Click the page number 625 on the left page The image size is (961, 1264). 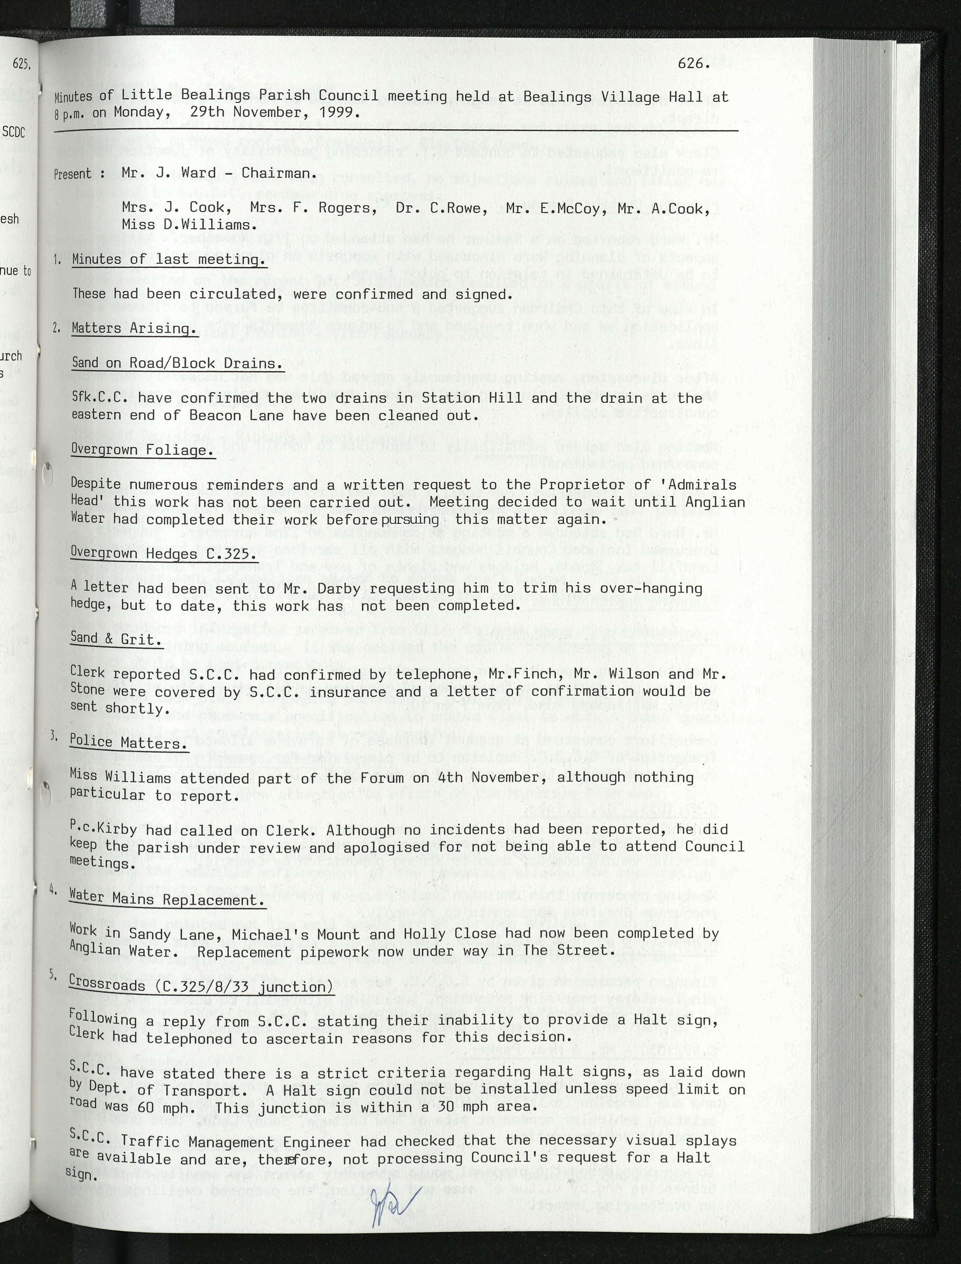click(21, 64)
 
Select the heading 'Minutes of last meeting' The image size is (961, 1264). click(169, 259)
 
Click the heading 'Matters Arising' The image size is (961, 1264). click(134, 328)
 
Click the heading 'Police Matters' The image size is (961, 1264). click(128, 742)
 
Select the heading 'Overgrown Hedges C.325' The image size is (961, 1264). click(163, 554)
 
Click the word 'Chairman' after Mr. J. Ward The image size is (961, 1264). click(277, 173)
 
